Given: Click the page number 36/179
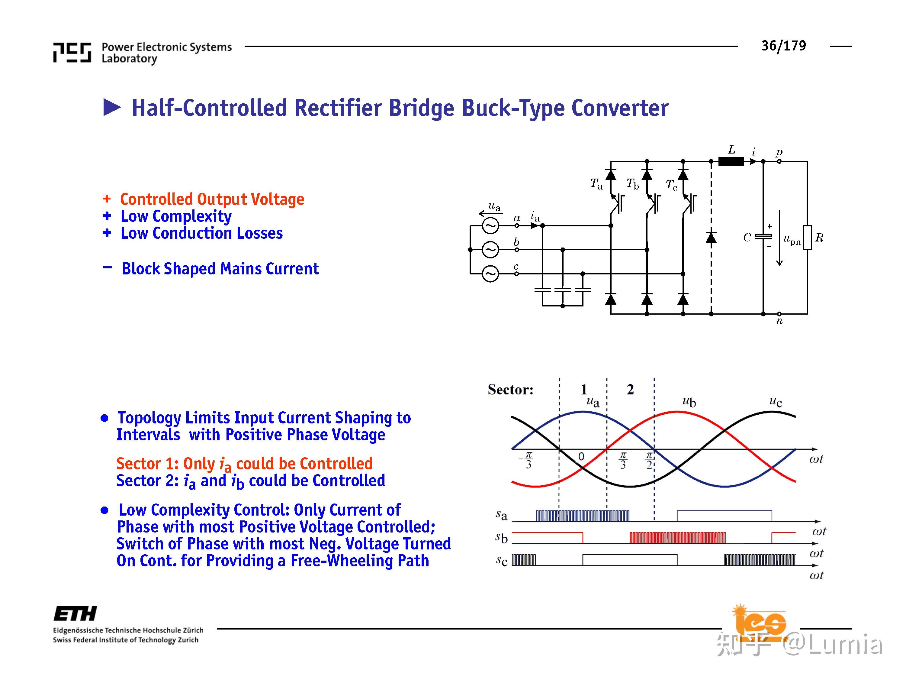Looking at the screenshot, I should point(783,46).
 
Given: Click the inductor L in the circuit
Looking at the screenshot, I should point(731,161).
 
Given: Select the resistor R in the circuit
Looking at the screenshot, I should point(807,237).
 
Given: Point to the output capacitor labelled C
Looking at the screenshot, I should point(763,237).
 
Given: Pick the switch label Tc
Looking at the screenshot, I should point(671,185).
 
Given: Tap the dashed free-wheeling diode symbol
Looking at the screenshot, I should point(711,237).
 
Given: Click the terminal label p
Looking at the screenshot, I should point(779,153).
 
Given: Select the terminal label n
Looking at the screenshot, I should point(779,321).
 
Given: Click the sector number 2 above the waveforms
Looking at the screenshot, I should point(630,389).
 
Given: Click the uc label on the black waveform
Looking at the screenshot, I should point(775,401).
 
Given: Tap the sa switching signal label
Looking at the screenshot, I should point(501,515).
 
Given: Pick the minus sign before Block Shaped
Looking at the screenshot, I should point(107,268).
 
